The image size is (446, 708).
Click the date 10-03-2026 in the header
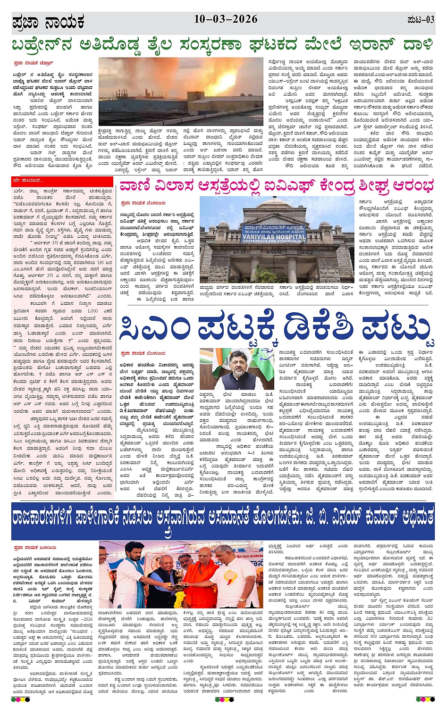(226, 19)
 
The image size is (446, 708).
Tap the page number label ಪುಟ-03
(420, 20)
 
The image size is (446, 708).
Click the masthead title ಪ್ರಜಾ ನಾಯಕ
(48, 22)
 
